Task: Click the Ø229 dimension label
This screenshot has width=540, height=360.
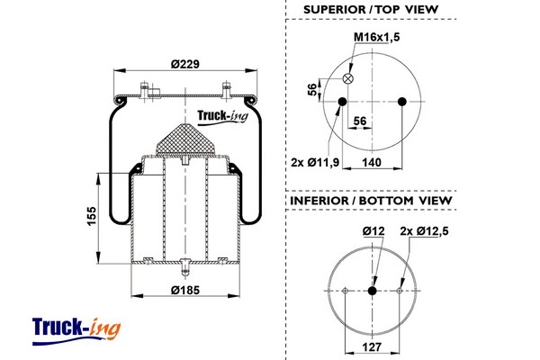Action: pos(184,64)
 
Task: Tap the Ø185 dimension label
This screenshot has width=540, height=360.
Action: pos(185,290)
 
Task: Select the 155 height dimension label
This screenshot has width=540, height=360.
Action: pos(92,216)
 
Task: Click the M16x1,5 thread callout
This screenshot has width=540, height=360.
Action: pos(377,37)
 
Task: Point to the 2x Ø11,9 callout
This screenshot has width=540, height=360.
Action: pos(315,162)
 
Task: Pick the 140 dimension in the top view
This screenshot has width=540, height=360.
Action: pos(372,162)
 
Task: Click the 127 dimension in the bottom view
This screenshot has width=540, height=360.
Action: pos(372,346)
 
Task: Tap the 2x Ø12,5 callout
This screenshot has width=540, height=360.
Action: pos(424,231)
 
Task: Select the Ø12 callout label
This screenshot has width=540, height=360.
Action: pos(373,231)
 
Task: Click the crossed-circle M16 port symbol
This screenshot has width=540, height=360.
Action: pos(348,78)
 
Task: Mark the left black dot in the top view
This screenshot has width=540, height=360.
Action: pos(342,102)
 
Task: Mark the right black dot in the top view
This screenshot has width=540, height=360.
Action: pos(402,102)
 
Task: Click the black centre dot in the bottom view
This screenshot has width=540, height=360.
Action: pos(372,291)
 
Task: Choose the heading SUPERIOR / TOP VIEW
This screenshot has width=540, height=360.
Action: pos(371,9)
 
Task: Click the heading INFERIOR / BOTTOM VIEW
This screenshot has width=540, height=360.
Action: pos(371,201)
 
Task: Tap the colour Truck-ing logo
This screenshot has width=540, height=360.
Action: pos(76,331)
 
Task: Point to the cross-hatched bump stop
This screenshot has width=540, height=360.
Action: pos(184,139)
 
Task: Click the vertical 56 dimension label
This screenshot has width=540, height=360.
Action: pos(312,90)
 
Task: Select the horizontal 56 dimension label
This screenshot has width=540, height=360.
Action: pos(360,121)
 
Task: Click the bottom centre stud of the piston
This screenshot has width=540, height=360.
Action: pos(185,267)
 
